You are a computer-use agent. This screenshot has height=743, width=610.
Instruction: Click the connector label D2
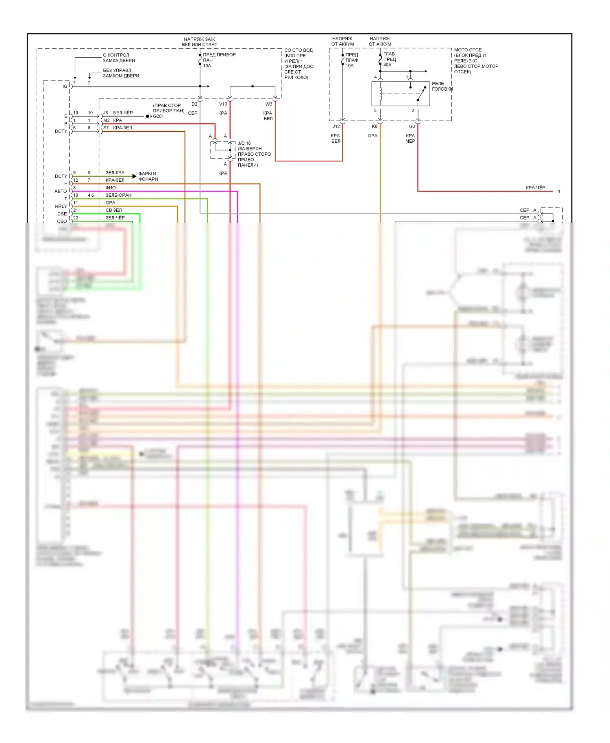pos(194,104)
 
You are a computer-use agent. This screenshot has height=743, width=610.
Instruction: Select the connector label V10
pos(223,104)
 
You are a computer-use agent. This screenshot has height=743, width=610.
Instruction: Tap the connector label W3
pos(269,104)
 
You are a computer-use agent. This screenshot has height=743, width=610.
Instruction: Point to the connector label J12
pos(336,126)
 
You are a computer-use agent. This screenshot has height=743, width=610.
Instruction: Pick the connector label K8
pos(375,126)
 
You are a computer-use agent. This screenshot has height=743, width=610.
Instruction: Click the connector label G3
pos(412,126)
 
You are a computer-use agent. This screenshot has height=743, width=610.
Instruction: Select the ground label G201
pos(158,116)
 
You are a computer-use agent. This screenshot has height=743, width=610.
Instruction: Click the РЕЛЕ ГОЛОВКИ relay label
pos(442,86)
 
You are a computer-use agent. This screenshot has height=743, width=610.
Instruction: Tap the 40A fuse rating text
pos(387,65)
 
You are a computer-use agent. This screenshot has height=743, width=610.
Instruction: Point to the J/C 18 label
pos(244,143)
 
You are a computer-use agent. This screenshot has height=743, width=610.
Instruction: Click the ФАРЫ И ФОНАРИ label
pos(148,176)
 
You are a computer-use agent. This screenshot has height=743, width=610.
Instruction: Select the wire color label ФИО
pos(111,188)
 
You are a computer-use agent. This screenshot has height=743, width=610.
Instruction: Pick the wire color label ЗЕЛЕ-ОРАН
pos(118,195)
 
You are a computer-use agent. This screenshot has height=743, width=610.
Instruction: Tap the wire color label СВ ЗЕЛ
pos(113,210)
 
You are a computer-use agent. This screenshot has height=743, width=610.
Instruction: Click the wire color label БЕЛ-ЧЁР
pos(123,113)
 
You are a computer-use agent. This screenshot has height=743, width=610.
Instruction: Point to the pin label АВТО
pos(61,191)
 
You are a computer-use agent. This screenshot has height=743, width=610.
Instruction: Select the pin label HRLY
pos(61,206)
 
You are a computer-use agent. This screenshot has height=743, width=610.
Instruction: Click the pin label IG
pos(65,87)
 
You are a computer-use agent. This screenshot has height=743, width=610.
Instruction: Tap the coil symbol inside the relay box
pos(381,94)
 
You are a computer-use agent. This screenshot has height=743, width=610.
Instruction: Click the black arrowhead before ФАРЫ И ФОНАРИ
pos(135,176)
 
